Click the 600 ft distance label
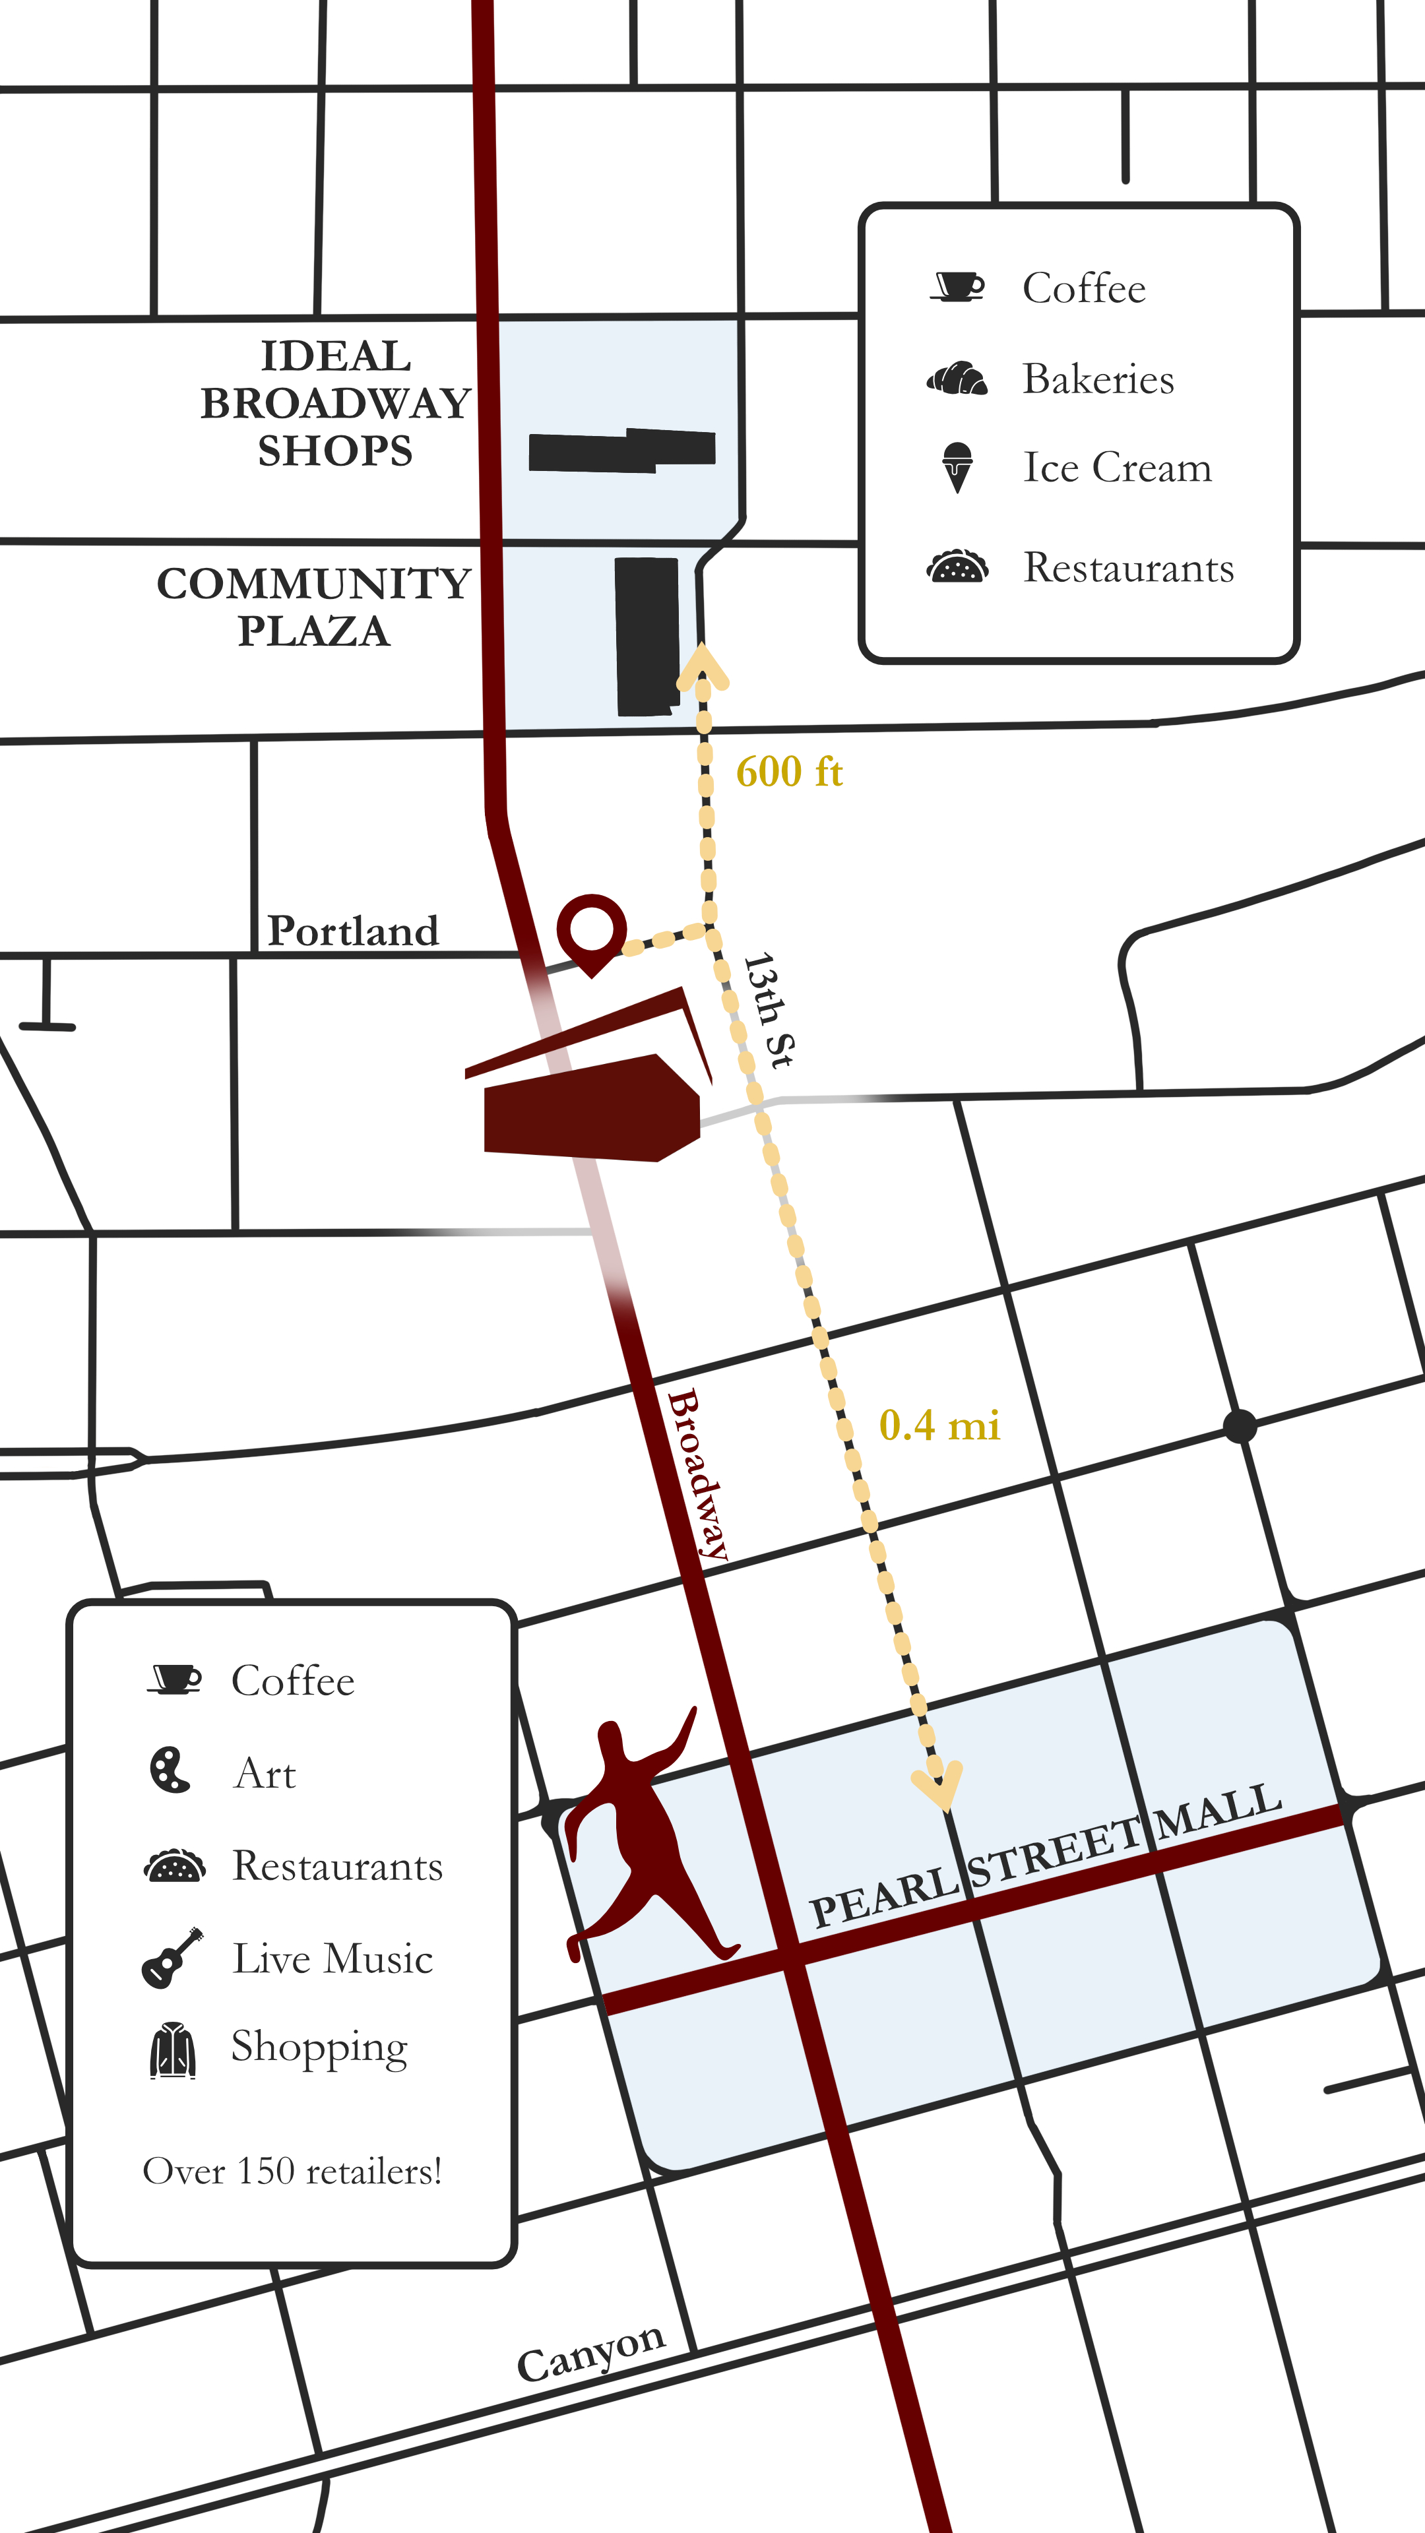pos(789,772)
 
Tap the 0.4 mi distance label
pos(939,1425)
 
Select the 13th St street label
pos(768,1010)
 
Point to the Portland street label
pos(353,931)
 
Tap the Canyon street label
pos(591,2351)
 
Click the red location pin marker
pos(591,929)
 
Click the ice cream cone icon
pos(957,467)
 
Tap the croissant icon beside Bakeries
pos(957,379)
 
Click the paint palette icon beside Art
pos(169,1770)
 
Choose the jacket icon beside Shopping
pos(173,2049)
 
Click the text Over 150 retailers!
pos(292,2171)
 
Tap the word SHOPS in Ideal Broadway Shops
pos(335,451)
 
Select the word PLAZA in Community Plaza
pos(314,631)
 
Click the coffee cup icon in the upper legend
pos(957,286)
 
